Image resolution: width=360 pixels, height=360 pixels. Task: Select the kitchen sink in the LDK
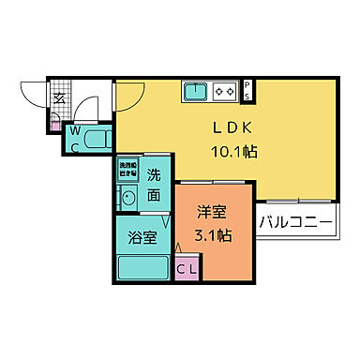click(197, 91)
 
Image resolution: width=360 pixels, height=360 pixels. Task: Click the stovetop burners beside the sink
click(225, 91)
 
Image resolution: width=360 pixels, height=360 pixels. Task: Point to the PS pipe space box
click(247, 90)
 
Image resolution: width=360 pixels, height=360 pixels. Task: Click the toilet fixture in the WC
click(94, 141)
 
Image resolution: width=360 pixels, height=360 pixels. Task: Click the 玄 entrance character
click(58, 97)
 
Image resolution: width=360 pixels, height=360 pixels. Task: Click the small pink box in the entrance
click(55, 125)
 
